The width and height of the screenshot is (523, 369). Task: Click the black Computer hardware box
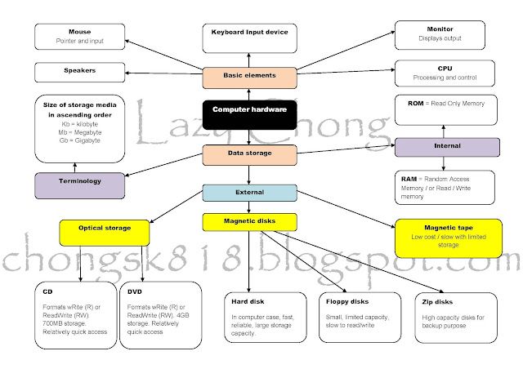pyautogui.click(x=249, y=114)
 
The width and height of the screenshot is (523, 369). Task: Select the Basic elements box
pyautogui.click(x=249, y=78)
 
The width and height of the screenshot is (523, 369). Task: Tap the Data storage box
pyautogui.click(x=249, y=155)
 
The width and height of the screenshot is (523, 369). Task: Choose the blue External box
pyautogui.click(x=249, y=193)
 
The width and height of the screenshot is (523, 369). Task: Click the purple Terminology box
pyautogui.click(x=80, y=185)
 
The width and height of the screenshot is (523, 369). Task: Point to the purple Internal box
pyautogui.click(x=447, y=147)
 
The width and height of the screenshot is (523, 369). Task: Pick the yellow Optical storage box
pyautogui.click(x=105, y=233)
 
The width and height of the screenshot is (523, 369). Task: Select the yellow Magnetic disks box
pyautogui.click(x=249, y=222)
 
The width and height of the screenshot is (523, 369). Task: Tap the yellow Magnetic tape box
pyautogui.click(x=449, y=238)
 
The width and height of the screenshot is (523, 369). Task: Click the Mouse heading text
pyautogui.click(x=80, y=32)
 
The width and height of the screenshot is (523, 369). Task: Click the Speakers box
pyautogui.click(x=80, y=73)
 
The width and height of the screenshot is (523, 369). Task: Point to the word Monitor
pyautogui.click(x=440, y=29)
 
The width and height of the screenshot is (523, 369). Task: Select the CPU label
pyautogui.click(x=445, y=69)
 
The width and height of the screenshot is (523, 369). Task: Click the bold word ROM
pyautogui.click(x=416, y=104)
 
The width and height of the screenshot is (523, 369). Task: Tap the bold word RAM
pyautogui.click(x=409, y=179)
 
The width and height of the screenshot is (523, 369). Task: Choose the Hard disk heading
pyautogui.click(x=248, y=302)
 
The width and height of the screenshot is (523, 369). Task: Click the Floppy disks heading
pyautogui.click(x=347, y=302)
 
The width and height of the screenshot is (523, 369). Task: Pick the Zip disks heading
pyautogui.click(x=437, y=302)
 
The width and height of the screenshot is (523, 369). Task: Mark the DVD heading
pyautogui.click(x=135, y=291)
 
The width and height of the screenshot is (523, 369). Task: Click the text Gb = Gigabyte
pyautogui.click(x=80, y=140)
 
